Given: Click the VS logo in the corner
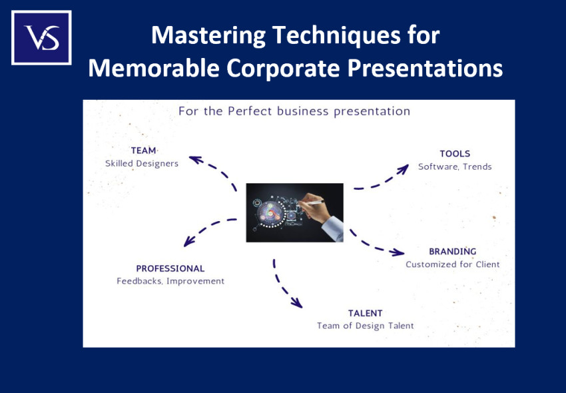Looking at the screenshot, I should click(41, 37).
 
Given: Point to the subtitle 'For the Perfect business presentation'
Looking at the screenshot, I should click(294, 111).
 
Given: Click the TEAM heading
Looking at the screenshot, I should click(143, 151).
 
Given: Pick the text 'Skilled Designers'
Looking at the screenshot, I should click(142, 163).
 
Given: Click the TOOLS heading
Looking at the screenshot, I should click(455, 154).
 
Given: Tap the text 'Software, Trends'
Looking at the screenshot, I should click(455, 167).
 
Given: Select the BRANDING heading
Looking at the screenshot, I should click(453, 252).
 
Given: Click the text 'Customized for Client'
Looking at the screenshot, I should click(453, 264).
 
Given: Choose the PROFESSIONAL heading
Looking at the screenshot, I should click(170, 268).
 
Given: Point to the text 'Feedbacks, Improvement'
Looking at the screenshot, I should click(170, 281).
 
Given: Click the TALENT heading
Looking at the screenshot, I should click(366, 313).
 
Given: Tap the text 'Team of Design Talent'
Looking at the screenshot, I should click(366, 326).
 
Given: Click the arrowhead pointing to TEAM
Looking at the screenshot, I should click(195, 159).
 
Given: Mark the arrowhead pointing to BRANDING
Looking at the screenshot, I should click(398, 252).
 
